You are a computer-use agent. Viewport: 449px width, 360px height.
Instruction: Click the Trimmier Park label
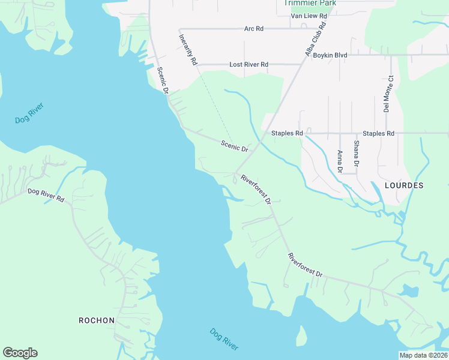pyautogui.click(x=310, y=3)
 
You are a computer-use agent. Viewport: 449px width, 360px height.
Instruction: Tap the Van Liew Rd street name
pyautogui.click(x=309, y=16)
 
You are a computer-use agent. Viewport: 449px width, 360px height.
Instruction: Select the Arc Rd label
pyautogui.click(x=254, y=28)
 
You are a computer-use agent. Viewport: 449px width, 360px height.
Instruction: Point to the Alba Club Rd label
pyautogui.click(x=315, y=40)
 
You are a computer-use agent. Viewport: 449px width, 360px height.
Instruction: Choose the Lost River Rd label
pyautogui.click(x=249, y=64)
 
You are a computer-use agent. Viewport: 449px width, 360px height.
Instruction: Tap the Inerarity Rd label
pyautogui.click(x=188, y=49)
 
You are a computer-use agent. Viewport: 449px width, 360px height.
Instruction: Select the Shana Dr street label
pyautogui.click(x=356, y=154)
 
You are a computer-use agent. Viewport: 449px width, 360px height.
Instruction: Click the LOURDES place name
pyautogui.click(x=404, y=185)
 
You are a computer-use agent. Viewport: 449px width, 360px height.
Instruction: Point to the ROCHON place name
pyautogui.click(x=97, y=320)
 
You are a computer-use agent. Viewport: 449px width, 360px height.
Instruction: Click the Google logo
pyautogui.click(x=20, y=353)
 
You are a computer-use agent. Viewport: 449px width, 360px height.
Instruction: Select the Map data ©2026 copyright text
pyautogui.click(x=423, y=355)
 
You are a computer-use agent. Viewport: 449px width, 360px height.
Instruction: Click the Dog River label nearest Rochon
pyautogui.click(x=224, y=339)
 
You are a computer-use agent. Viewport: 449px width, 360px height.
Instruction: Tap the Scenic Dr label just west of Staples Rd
pyautogui.click(x=234, y=146)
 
